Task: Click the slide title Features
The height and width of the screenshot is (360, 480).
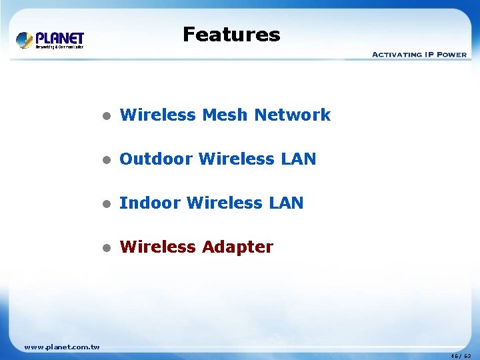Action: pos(231,35)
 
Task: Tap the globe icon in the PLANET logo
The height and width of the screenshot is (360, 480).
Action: pos(25,40)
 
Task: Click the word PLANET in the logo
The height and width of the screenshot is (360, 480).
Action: pos(59,38)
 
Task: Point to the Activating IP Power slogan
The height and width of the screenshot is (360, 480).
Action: pos(419,55)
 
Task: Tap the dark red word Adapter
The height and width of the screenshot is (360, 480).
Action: pos(237,247)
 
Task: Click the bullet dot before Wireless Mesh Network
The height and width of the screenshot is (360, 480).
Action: pos(105,116)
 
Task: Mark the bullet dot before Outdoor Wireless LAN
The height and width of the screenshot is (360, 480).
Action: pos(105,160)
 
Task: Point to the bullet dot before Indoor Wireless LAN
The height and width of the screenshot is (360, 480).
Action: pos(105,204)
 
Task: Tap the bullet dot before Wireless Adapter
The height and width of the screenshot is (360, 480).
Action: pos(105,248)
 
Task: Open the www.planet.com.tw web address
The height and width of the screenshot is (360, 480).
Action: pos(61,346)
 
